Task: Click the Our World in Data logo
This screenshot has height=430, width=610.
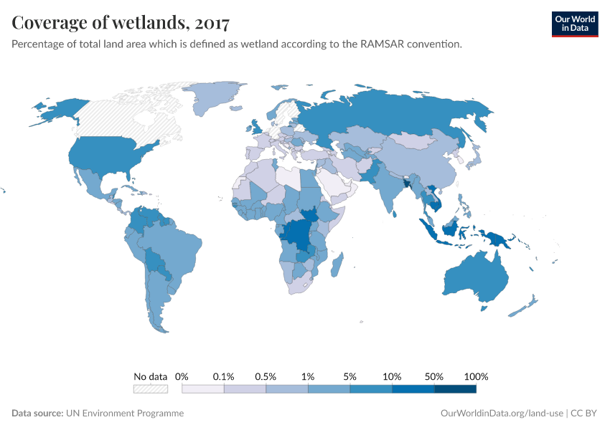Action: tap(574, 24)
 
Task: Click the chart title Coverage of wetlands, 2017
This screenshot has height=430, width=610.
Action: tap(121, 23)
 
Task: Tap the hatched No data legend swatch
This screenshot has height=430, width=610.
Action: tap(150, 389)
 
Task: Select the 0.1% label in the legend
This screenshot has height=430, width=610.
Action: tap(224, 376)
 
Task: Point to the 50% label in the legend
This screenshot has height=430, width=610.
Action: tap(434, 376)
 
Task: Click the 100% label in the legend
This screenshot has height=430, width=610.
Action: tap(476, 376)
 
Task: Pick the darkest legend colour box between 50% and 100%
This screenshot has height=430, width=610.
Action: tap(455, 389)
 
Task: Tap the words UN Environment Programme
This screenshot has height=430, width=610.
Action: tap(125, 414)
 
